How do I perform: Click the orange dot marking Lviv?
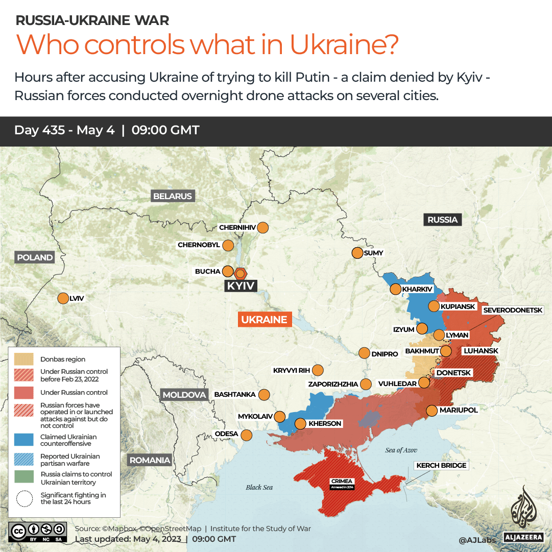[63, 298]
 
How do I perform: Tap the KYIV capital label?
[240, 286]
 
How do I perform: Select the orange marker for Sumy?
[357, 253]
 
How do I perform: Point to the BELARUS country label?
[173, 196]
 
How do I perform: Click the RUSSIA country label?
[442, 220]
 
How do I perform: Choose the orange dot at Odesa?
[246, 435]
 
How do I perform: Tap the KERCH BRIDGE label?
[441, 465]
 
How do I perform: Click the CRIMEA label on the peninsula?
[342, 481]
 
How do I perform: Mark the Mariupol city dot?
[431, 410]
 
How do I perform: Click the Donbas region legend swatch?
[24, 359]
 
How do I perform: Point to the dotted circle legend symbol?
[24, 498]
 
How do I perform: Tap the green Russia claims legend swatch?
[24, 478]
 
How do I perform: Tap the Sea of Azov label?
[401, 450]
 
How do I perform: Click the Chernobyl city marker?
[228, 245]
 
